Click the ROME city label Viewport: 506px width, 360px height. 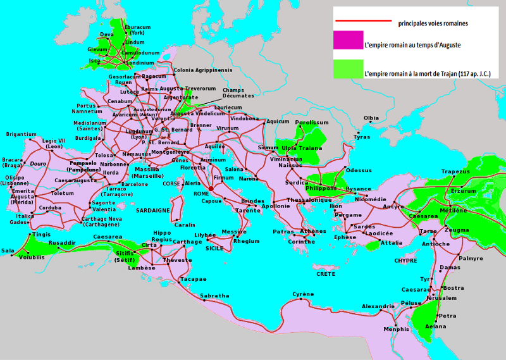coord(201,194)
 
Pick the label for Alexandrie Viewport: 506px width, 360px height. coord(378,306)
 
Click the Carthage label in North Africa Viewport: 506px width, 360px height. coord(187,242)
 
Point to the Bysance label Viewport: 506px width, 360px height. coord(359,189)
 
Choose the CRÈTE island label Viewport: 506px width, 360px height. coord(326,274)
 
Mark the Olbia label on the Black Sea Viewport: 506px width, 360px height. coord(371,118)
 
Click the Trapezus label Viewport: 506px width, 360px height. coord(455,171)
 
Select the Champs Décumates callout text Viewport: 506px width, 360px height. coord(238,92)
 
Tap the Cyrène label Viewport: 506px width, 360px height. coord(302,294)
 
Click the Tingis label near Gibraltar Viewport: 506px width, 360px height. coord(41,234)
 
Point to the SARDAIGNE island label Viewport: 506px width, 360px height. coord(152,210)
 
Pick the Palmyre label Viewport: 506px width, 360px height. coord(471,258)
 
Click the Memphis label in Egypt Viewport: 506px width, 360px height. coord(397,329)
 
